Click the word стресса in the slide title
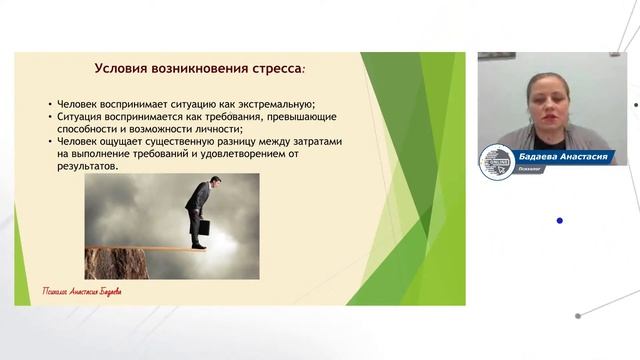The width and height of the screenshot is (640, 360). [271, 70]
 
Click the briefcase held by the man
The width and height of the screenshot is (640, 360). [202, 228]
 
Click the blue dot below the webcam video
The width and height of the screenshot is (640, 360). [559, 220]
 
